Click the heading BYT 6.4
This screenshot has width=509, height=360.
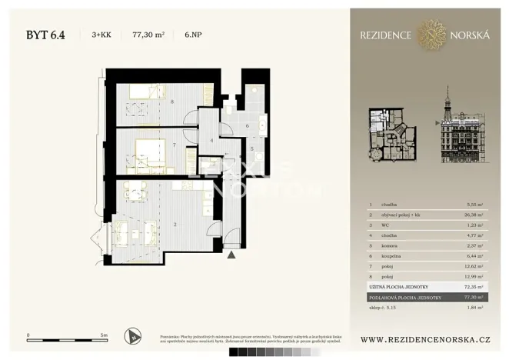point(45,34)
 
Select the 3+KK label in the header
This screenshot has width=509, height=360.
point(101,34)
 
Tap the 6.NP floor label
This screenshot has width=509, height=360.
point(195,34)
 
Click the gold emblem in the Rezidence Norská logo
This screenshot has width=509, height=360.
point(431,34)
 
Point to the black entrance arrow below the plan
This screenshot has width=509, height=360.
point(231,253)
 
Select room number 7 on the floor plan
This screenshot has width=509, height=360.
point(175,145)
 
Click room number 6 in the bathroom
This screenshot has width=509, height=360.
point(247,125)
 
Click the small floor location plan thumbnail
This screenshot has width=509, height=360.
point(391,135)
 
